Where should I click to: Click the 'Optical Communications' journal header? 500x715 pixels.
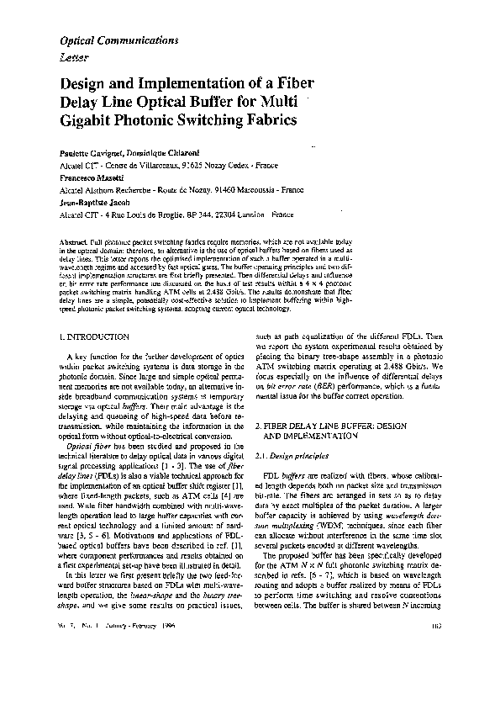pos(118,40)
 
